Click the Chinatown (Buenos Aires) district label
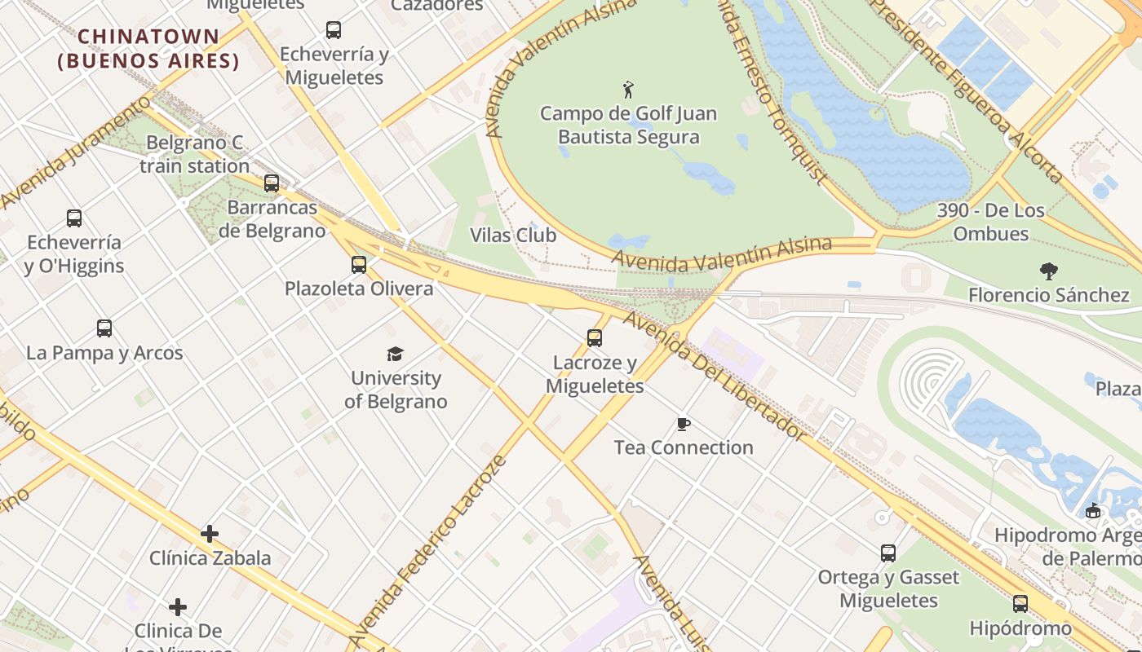click(148, 49)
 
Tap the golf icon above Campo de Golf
click(628, 89)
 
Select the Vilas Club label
click(513, 236)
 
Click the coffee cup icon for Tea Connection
click(684, 424)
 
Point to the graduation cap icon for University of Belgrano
click(396, 354)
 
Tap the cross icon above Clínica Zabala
click(210, 534)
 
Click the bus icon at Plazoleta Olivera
click(359, 265)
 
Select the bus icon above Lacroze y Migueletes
click(595, 338)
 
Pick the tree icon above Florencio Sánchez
click(1048, 271)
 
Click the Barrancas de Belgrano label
click(272, 219)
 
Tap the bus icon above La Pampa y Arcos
click(104, 328)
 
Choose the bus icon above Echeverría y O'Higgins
click(74, 218)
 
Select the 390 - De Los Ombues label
click(990, 222)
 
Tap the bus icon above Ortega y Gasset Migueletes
click(888, 553)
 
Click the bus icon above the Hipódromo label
click(1020, 604)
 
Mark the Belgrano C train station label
click(194, 155)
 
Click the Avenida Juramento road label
click(77, 152)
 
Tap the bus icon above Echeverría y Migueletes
click(334, 30)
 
